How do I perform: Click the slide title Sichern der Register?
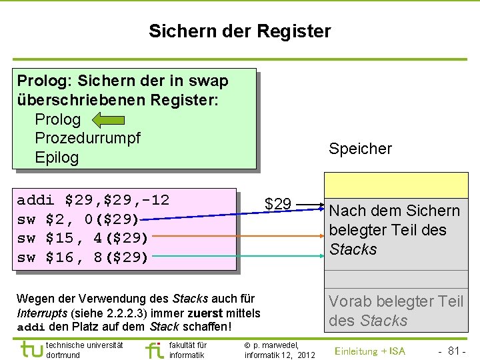coord(239,31)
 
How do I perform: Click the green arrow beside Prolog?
coord(108,120)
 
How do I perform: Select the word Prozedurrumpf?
coord(87,138)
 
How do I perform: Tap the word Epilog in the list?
coord(57,157)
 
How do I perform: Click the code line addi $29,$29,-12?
coord(93,200)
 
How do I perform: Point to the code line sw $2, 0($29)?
coord(78,219)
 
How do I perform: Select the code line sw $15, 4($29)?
coord(83,238)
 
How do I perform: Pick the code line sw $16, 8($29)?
coord(83,257)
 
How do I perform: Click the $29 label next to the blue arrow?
coord(277,203)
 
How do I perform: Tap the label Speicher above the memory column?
coord(360,149)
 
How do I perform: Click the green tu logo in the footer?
coord(30,349)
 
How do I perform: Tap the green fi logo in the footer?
coord(153,349)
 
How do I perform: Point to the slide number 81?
coord(455,351)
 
